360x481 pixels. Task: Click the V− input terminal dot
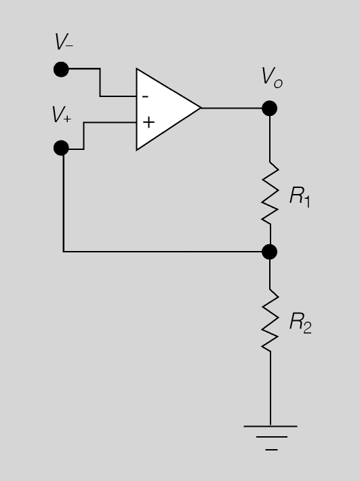point(61,69)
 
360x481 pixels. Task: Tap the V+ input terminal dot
point(61,148)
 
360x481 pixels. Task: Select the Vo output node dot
point(270,109)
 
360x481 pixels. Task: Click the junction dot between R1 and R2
point(270,252)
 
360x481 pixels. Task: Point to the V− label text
point(64,41)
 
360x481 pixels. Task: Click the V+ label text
point(62,115)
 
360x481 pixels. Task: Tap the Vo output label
point(272,77)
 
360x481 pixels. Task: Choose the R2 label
point(300,322)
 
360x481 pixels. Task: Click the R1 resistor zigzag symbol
point(270,193)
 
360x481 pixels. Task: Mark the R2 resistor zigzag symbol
point(270,320)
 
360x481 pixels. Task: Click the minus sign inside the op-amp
point(146,97)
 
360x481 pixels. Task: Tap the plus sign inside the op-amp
point(148,122)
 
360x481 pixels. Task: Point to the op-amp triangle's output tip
point(201,108)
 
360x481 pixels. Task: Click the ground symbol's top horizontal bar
point(271,426)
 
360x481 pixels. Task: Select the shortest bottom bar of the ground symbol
point(271,450)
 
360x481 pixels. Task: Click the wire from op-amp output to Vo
point(231,108)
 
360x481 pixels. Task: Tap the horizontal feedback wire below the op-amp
point(163,252)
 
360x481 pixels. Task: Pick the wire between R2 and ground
point(270,388)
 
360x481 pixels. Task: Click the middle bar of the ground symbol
point(272,437)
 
